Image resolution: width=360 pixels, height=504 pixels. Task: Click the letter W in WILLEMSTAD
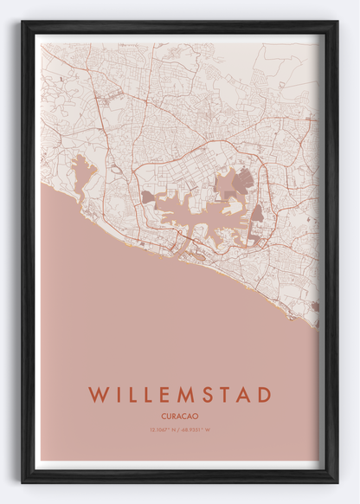pyautogui.click(x=98, y=395)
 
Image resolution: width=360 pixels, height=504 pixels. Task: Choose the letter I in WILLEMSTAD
pyautogui.click(x=119, y=395)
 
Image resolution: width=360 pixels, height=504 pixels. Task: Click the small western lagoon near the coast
pyautogui.click(x=83, y=177)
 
